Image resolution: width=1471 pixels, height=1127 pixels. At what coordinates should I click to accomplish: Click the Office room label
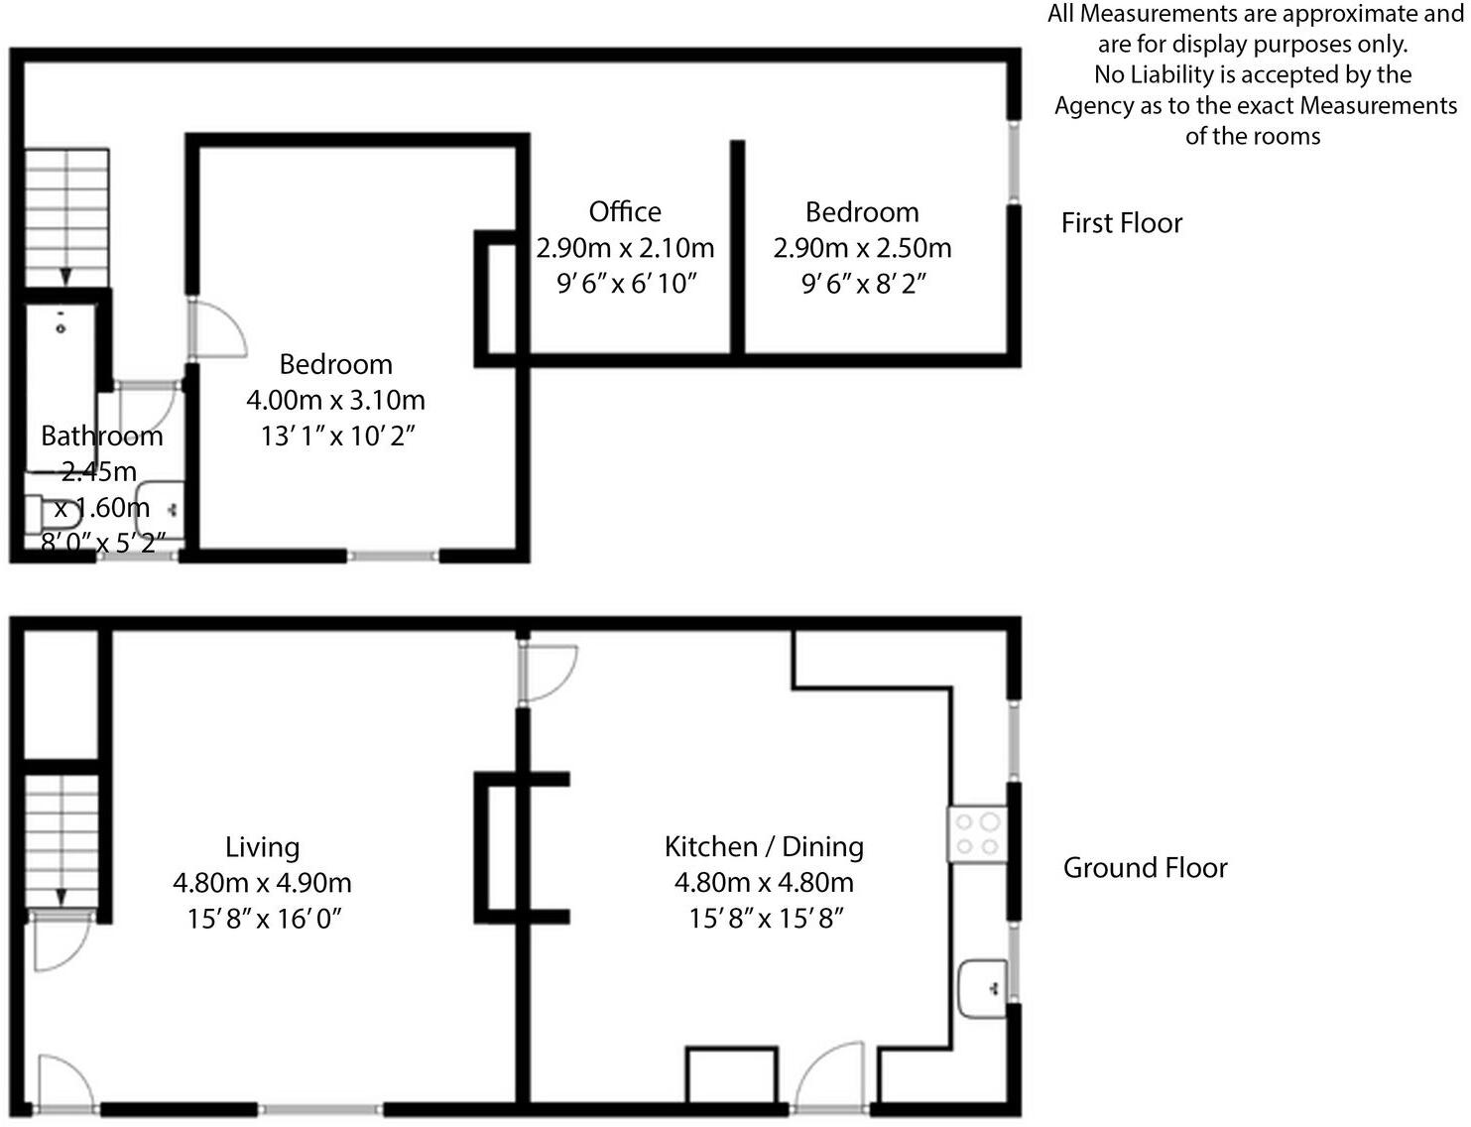(625, 212)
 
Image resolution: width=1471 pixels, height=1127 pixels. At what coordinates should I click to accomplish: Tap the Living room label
(262, 847)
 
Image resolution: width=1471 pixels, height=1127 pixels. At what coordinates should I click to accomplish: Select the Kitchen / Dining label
(764, 847)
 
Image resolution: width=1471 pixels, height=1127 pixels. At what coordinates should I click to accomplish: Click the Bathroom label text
(101, 437)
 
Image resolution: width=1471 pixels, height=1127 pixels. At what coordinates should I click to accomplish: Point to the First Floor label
(1122, 223)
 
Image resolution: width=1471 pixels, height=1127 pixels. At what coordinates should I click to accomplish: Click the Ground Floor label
(1145, 868)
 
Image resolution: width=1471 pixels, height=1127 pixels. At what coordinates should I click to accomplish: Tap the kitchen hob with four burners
(977, 834)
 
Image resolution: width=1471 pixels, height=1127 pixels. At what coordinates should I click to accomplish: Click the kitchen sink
(983, 987)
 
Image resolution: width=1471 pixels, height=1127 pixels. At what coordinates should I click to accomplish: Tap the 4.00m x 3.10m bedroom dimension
(335, 401)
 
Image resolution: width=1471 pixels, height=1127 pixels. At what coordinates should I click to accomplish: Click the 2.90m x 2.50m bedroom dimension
(862, 248)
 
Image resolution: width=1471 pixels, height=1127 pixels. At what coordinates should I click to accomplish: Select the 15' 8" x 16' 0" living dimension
(264, 919)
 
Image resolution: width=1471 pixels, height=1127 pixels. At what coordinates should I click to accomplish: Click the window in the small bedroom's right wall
(1014, 163)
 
